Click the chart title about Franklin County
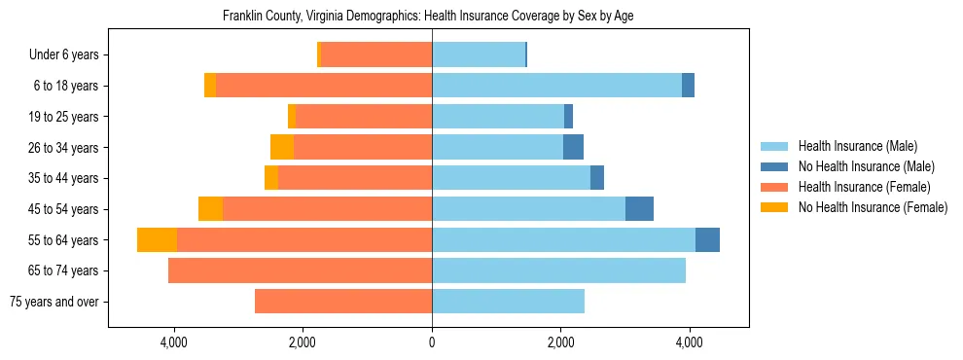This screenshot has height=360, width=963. (x=428, y=17)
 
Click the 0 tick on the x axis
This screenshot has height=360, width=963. (x=432, y=343)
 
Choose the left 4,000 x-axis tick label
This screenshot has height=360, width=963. (x=174, y=343)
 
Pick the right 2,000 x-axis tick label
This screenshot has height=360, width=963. (x=560, y=343)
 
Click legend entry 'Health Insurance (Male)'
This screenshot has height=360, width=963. (x=857, y=146)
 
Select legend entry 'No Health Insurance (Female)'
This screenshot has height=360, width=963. (x=873, y=207)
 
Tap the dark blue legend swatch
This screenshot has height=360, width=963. (x=775, y=166)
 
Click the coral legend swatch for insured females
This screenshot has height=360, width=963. (x=775, y=187)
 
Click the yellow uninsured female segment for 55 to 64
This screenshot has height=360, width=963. (x=157, y=240)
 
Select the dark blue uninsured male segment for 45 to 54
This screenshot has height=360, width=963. (x=639, y=209)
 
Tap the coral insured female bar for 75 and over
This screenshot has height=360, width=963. (x=343, y=302)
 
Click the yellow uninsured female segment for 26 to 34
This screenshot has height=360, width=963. (x=282, y=148)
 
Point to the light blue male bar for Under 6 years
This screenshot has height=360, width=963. (x=479, y=55)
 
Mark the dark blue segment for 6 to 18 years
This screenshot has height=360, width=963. (x=688, y=86)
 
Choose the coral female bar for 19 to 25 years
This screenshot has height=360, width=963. (x=363, y=117)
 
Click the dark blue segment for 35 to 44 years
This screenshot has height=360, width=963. (x=597, y=178)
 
